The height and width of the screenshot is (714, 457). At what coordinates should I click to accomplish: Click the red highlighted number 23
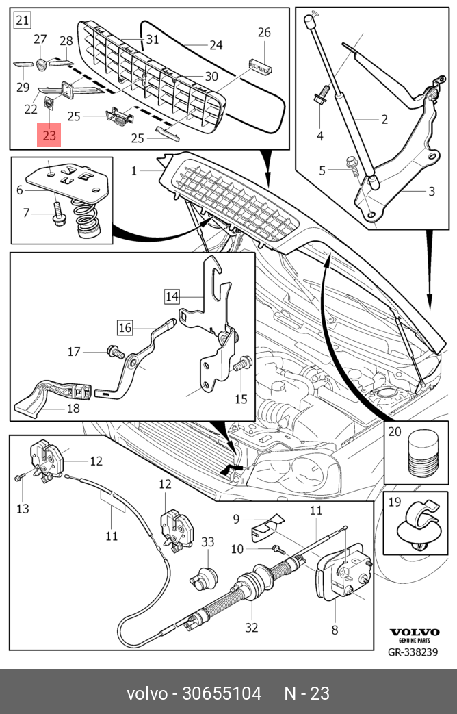49,135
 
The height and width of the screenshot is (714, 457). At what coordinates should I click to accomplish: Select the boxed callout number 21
22,21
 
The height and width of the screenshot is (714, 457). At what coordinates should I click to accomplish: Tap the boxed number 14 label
171,296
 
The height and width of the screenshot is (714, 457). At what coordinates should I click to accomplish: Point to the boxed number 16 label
124,328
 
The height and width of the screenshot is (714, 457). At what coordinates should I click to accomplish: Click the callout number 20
395,431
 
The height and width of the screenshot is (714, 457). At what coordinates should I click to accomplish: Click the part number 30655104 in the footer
221,693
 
